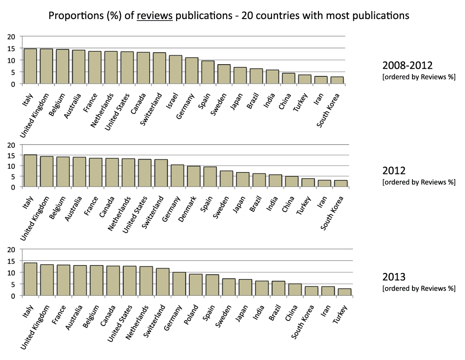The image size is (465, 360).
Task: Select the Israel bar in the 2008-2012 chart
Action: [x=175, y=70]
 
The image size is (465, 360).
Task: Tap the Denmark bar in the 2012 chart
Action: [x=194, y=177]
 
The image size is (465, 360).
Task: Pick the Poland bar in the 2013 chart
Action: [x=196, y=285]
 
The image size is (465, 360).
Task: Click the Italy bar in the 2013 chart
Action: [x=30, y=279]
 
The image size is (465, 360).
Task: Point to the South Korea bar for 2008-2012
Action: [x=337, y=80]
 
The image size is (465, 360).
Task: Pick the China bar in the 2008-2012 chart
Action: [x=288, y=78]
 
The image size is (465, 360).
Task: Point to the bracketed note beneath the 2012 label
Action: [x=418, y=182]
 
